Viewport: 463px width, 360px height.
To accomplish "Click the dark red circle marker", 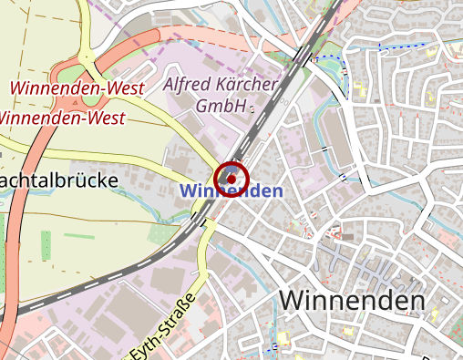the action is pos(231,177).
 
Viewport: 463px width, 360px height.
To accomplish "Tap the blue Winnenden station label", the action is pos(231,191).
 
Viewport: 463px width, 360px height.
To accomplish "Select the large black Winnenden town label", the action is pos(352,300).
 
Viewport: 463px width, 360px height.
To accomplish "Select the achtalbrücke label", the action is pos(59,180).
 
